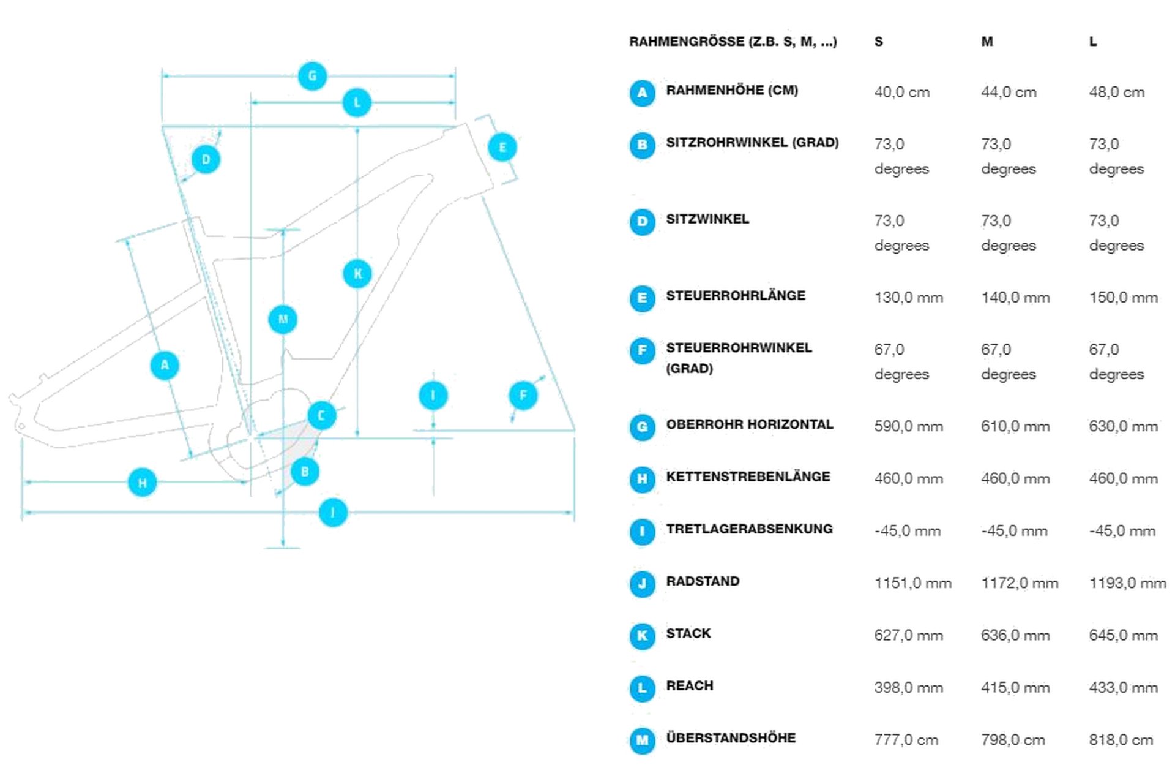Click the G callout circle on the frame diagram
click(312, 76)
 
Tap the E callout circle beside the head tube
click(502, 147)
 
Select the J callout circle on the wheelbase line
click(333, 512)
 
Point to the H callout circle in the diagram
click(142, 482)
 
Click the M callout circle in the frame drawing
click(283, 319)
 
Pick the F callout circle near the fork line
click(523, 395)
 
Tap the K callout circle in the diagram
click(357, 273)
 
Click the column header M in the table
click(987, 42)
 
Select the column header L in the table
click(1093, 42)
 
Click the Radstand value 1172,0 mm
click(1020, 583)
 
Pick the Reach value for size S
click(908, 687)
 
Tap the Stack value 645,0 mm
click(1123, 635)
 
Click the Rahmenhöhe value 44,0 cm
click(1009, 92)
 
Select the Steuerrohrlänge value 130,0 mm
click(908, 298)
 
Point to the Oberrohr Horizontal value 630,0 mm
click(1123, 426)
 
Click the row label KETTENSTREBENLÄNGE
click(748, 477)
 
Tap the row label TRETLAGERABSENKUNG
click(749, 529)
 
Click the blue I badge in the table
click(642, 531)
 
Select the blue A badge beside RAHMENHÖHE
click(642, 92)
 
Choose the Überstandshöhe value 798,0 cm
click(1013, 740)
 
